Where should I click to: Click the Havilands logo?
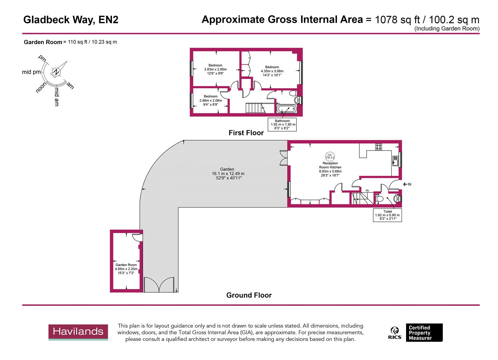click(x=78, y=332)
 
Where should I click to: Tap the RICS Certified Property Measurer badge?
click(x=416, y=333)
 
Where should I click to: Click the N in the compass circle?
click(x=56, y=72)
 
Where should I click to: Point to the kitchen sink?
click(x=395, y=161)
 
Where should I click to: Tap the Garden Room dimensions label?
click(x=126, y=269)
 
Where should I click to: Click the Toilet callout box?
click(x=387, y=215)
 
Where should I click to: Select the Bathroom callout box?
click(x=282, y=124)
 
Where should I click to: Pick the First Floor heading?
click(x=246, y=133)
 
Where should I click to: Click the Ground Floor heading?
click(x=249, y=295)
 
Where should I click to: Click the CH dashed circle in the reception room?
click(x=330, y=156)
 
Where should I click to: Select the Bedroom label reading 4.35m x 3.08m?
click(x=272, y=71)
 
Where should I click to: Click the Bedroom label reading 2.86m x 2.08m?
click(x=211, y=100)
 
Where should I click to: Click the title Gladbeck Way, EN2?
click(x=71, y=20)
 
